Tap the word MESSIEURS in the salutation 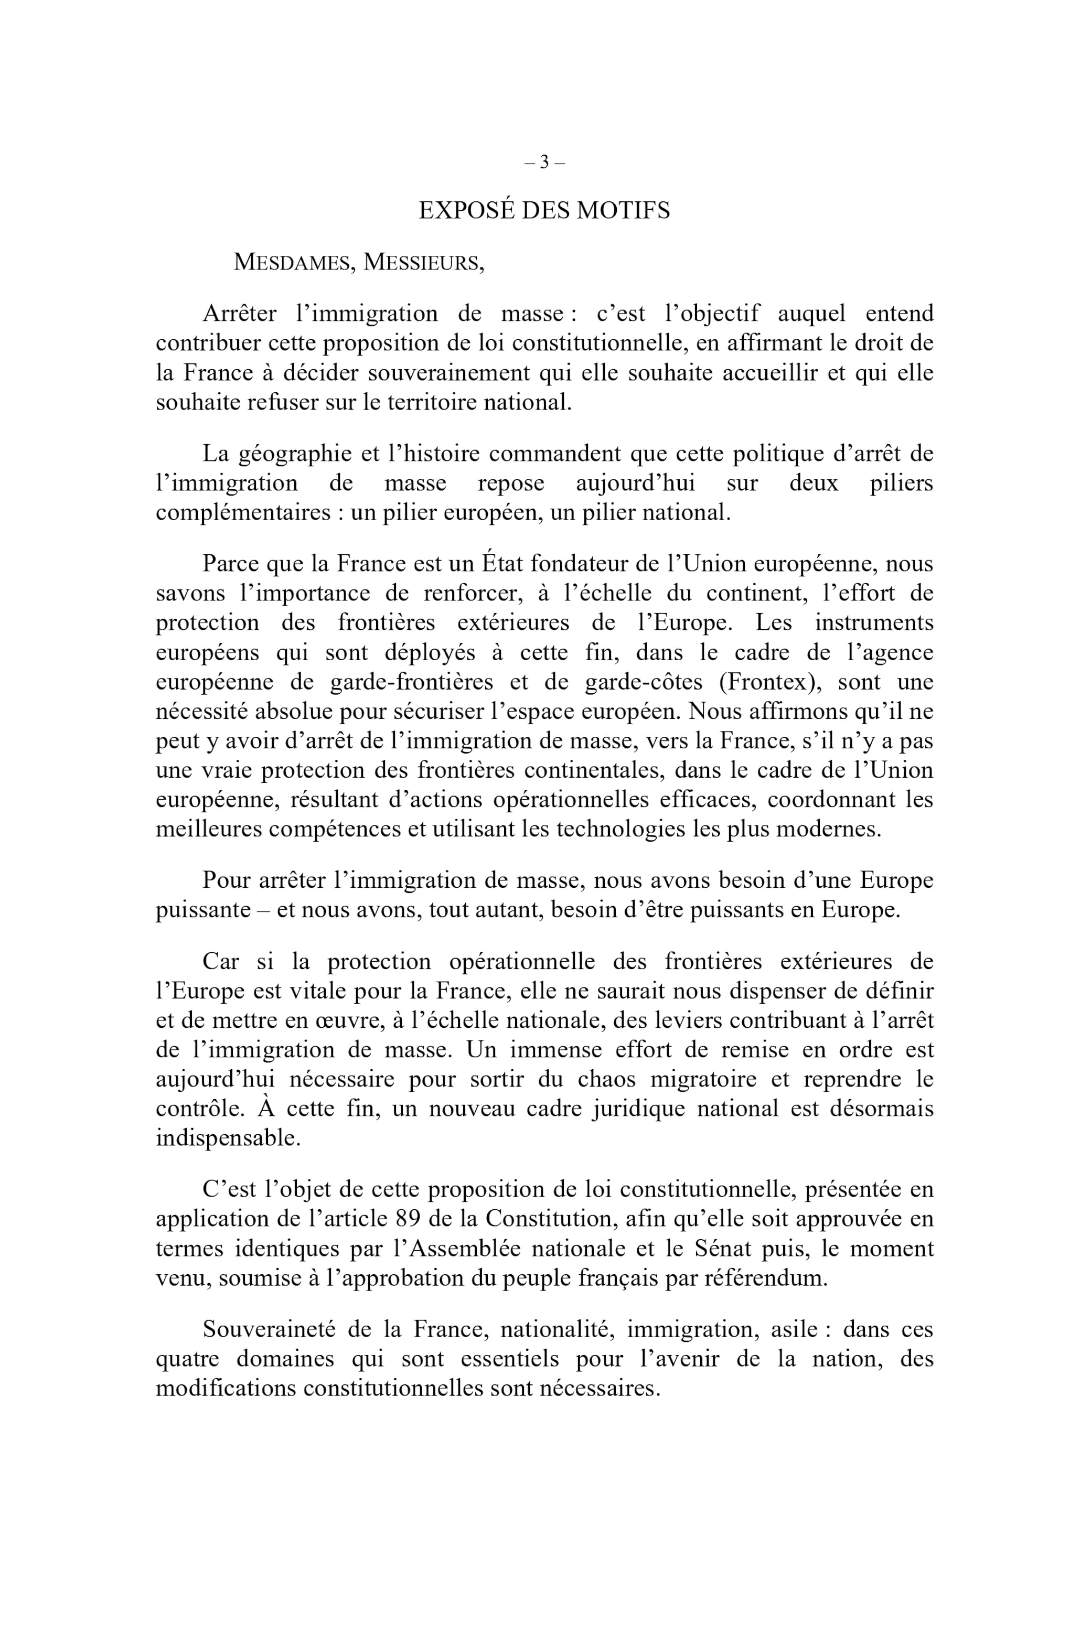(x=422, y=262)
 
